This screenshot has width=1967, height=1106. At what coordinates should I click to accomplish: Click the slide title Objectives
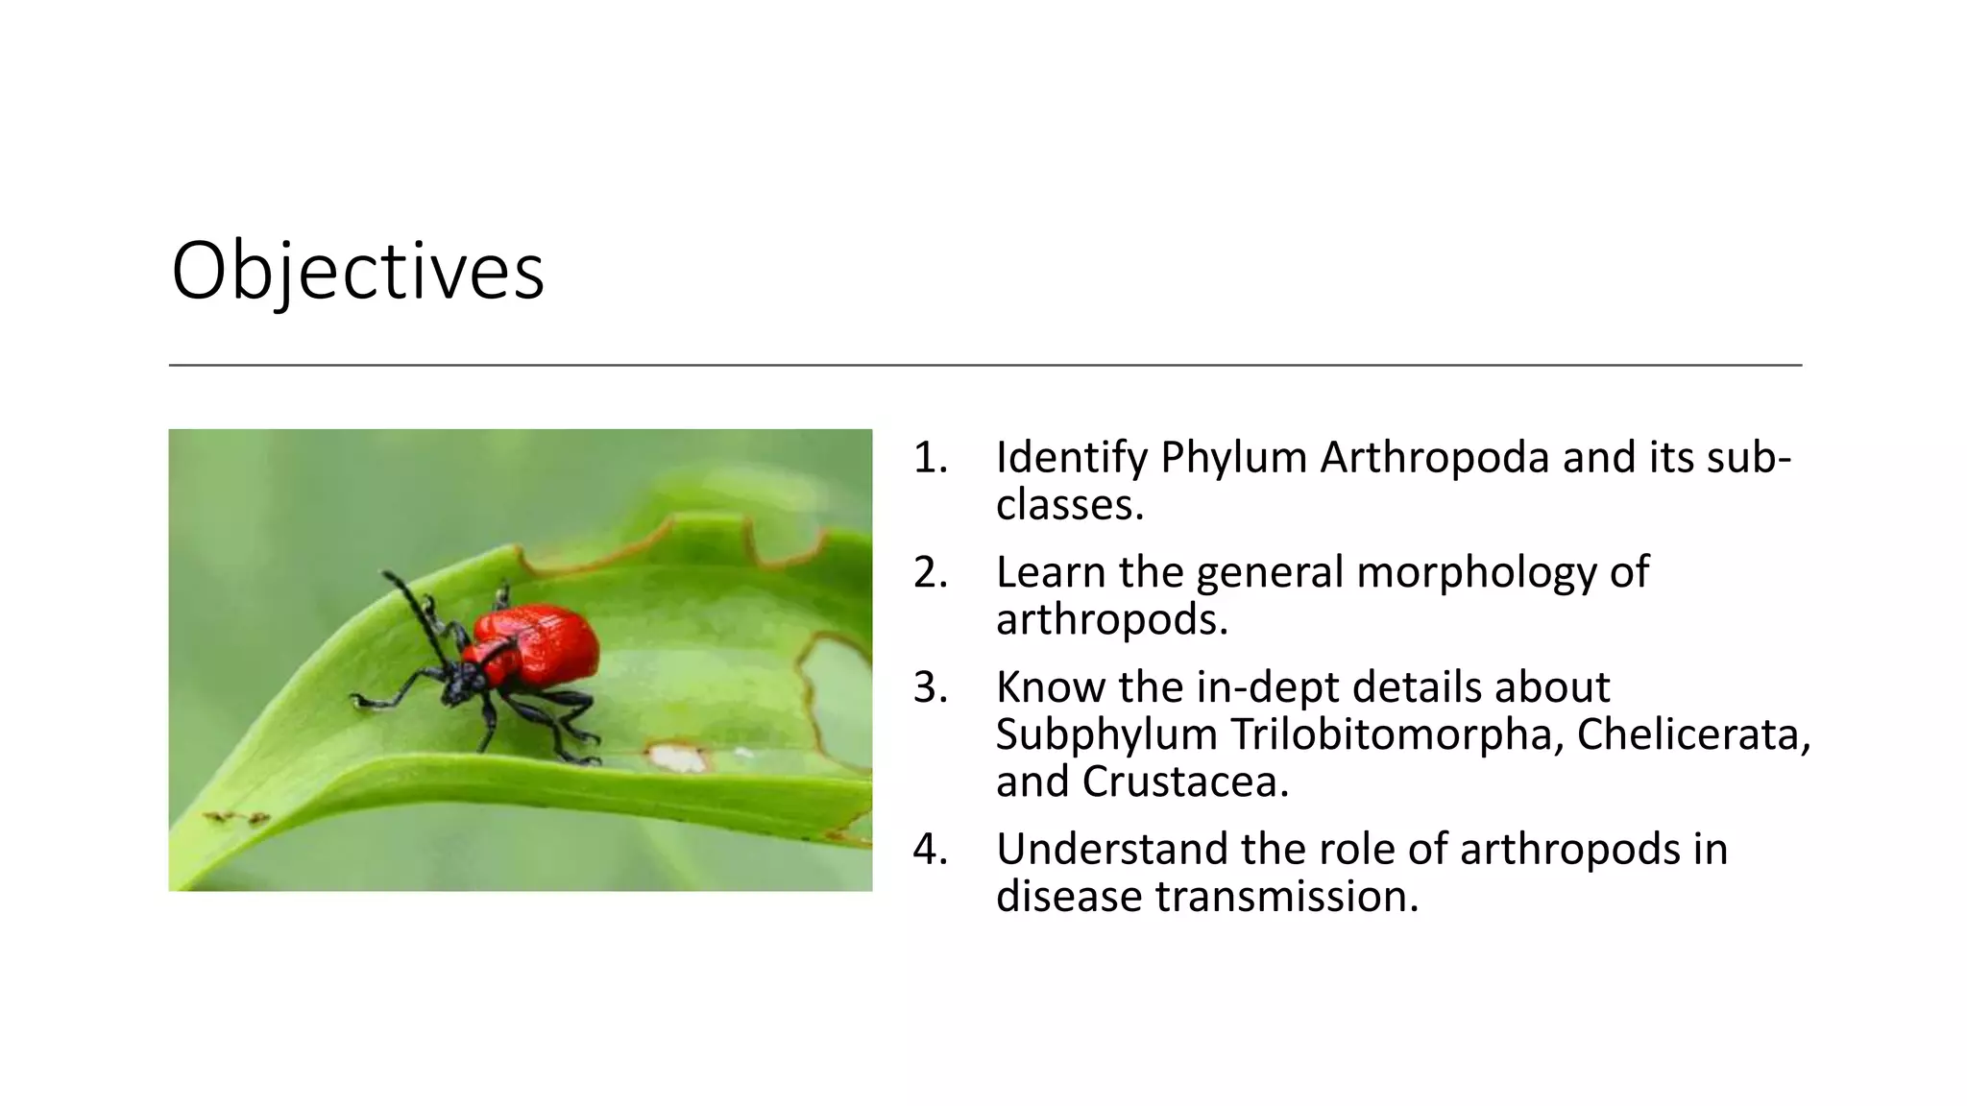357,271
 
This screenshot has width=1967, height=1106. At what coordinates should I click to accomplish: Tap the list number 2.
930,572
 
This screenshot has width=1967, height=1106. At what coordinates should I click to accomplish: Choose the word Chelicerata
1693,734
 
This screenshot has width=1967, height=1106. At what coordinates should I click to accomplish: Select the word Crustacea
1184,781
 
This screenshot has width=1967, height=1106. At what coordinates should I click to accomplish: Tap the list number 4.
930,849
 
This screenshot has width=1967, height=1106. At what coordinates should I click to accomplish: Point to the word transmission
1286,897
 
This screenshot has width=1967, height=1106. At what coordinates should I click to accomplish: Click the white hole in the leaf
678,758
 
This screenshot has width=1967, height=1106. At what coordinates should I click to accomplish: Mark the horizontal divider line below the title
984,365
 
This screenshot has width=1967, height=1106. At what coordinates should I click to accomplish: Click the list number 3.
930,687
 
